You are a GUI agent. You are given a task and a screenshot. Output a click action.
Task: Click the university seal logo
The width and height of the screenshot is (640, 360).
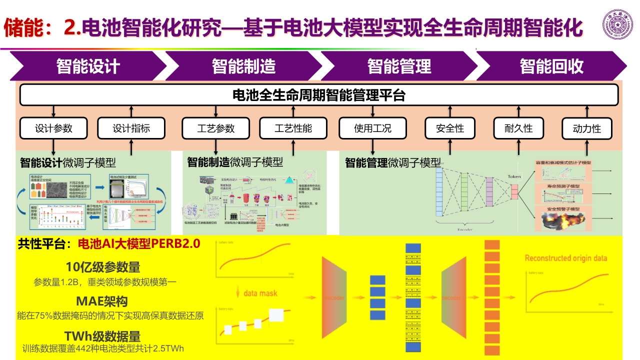(617, 24)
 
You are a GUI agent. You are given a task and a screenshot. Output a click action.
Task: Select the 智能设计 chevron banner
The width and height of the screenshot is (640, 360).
(88, 66)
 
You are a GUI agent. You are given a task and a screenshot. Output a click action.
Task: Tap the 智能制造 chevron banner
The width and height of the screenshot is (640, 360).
(243, 66)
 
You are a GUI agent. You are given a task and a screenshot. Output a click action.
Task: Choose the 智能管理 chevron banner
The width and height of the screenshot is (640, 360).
(399, 66)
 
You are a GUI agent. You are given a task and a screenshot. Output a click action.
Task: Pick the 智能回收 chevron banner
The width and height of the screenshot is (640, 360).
(551, 66)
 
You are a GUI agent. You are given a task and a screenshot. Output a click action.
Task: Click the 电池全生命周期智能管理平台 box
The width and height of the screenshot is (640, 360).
(319, 94)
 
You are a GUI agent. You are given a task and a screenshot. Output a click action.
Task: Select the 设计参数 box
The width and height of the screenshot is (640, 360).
(53, 128)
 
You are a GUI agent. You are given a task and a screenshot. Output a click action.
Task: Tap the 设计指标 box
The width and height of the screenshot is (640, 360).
(131, 128)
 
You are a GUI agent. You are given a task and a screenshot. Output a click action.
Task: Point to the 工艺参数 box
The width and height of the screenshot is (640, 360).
(215, 128)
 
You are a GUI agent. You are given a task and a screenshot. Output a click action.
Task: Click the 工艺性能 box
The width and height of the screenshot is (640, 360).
(293, 128)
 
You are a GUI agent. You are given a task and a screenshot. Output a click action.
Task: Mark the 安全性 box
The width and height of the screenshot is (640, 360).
(450, 128)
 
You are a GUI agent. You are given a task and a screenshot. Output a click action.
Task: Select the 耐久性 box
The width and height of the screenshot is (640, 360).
(518, 128)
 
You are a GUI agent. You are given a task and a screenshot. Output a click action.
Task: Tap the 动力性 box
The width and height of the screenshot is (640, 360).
(587, 128)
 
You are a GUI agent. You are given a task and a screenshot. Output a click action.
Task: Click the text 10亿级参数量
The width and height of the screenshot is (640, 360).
(103, 266)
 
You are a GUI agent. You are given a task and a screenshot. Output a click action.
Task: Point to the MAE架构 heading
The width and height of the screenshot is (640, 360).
(102, 301)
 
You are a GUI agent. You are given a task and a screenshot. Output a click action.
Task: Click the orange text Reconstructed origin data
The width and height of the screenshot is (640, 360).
(566, 258)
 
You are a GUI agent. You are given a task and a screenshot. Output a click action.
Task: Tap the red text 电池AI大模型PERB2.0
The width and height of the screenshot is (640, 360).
(139, 244)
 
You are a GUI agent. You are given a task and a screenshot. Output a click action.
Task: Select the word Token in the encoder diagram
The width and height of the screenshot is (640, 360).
(514, 176)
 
